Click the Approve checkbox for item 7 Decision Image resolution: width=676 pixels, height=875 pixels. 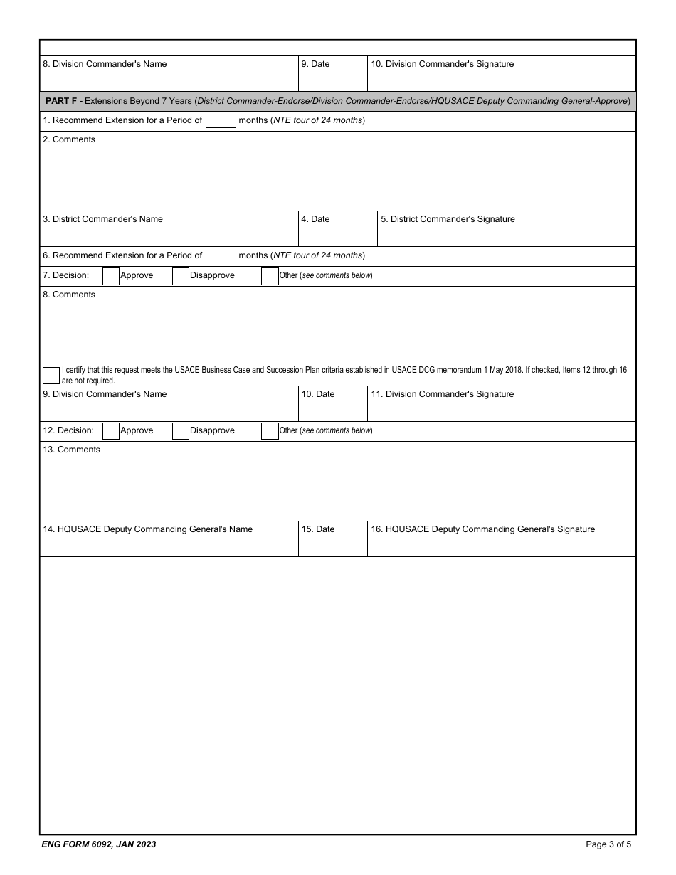tap(111, 276)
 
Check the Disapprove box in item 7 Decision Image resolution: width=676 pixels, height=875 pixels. tap(181, 276)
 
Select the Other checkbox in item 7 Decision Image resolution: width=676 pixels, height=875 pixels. tap(270, 276)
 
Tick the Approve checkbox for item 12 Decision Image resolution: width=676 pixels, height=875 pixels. tap(111, 431)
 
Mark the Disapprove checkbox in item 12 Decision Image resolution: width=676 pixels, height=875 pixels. tap(181, 431)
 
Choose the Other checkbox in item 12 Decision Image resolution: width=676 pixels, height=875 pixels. tap(270, 431)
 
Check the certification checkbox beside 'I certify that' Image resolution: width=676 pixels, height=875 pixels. tap(51, 376)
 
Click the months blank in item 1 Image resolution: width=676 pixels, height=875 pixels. tap(221, 121)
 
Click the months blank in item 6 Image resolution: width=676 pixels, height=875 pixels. tap(221, 256)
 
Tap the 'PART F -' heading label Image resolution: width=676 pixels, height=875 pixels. tap(63, 101)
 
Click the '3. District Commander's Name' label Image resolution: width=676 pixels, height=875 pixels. tap(102, 219)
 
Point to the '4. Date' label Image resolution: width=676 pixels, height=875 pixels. tap(315, 219)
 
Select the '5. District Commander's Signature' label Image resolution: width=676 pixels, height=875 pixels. tap(448, 219)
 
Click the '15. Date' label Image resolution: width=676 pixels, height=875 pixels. tap(317, 529)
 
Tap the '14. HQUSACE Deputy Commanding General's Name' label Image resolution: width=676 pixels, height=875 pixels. tap(147, 529)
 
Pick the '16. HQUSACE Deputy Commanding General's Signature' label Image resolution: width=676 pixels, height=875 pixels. tap(482, 529)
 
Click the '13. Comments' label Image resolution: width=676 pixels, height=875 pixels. tap(71, 450)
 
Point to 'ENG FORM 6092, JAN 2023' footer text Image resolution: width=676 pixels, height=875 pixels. tap(99, 844)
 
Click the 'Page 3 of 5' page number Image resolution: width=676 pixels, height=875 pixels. tap(608, 844)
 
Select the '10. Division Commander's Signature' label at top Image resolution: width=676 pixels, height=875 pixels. tap(442, 64)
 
